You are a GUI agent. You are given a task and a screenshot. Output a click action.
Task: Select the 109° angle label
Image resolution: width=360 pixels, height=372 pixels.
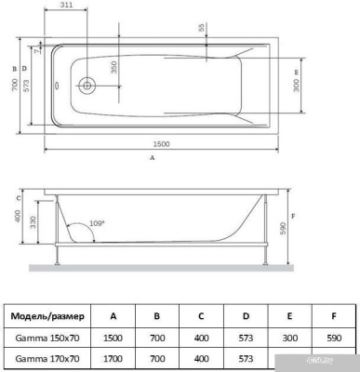(x=96, y=224)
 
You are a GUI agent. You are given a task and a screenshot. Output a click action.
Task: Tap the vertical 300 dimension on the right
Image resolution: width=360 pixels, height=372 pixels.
(x=294, y=86)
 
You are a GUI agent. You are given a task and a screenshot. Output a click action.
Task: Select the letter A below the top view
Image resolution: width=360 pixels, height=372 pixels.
(x=152, y=159)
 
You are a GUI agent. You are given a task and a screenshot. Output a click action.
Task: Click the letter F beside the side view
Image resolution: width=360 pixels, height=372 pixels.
(x=294, y=217)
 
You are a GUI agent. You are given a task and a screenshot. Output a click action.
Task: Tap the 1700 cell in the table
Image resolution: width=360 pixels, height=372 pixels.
(x=113, y=358)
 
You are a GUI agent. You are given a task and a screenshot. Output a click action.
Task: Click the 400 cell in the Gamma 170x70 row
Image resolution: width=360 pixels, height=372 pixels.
(x=202, y=358)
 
